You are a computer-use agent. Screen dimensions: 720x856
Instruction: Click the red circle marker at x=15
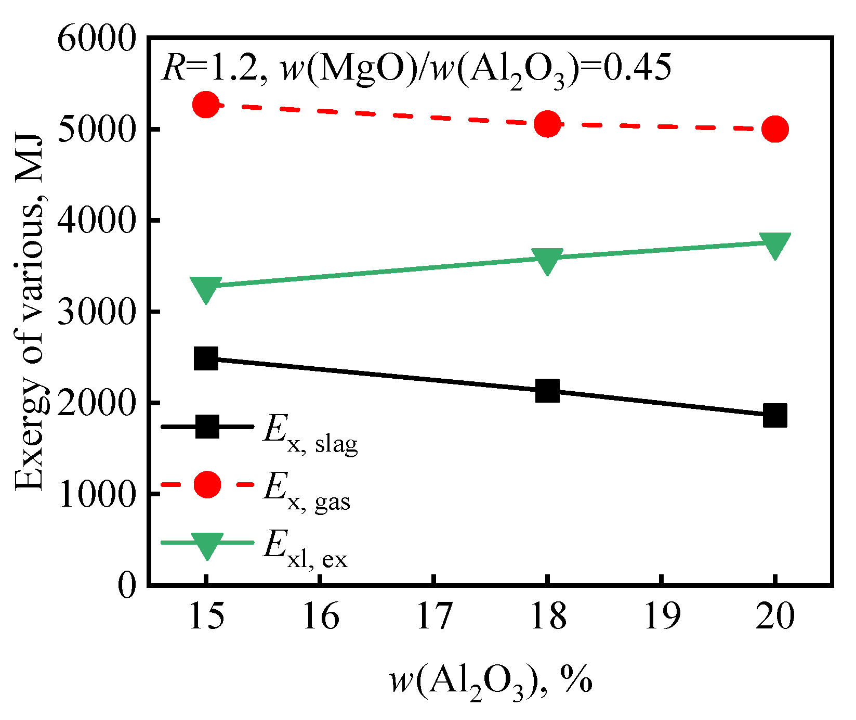(206, 105)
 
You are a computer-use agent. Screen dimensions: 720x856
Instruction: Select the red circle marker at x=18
(547, 124)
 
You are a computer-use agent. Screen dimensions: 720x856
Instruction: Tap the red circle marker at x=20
(775, 129)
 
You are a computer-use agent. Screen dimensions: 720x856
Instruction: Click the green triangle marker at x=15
(206, 288)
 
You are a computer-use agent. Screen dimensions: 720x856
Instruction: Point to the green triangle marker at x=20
(775, 244)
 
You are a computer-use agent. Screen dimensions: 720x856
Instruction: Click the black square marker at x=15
(206, 358)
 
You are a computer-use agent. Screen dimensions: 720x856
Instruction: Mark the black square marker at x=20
(775, 415)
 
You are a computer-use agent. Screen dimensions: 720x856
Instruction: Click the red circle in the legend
(207, 484)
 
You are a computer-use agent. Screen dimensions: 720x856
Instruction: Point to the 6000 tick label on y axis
(97, 39)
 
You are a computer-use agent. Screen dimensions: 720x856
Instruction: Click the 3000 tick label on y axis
(97, 313)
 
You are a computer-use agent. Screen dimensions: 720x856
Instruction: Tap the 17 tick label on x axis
(434, 616)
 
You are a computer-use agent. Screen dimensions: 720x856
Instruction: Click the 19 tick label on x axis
(661, 616)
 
